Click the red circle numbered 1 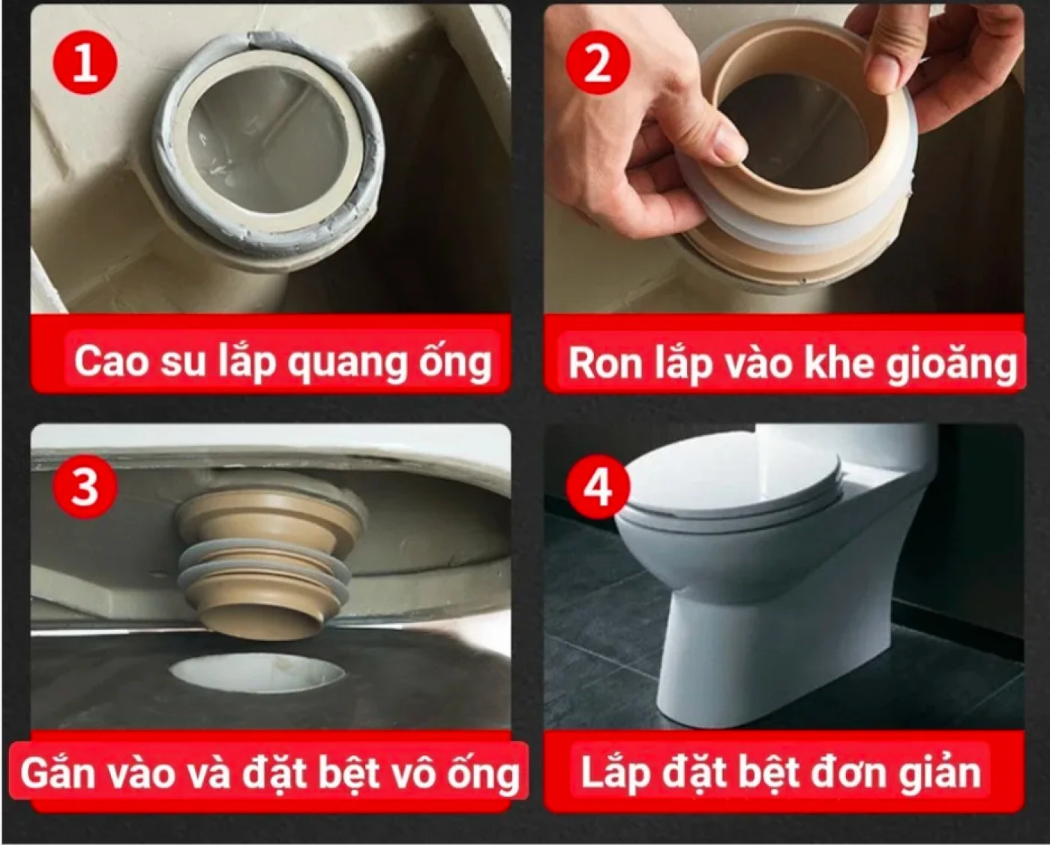85,65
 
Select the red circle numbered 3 85,487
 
